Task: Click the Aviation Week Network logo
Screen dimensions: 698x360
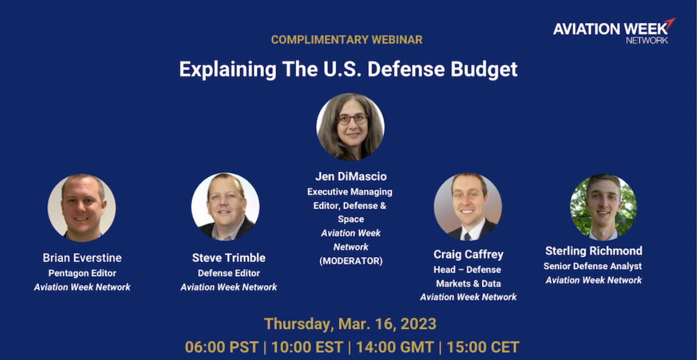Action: pos(614,31)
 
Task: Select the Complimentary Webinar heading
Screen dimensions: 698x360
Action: pos(347,40)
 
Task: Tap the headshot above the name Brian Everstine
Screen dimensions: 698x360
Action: pos(81,208)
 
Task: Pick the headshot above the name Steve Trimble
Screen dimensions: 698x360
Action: pos(225,206)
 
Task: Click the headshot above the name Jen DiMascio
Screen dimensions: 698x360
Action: pos(350,127)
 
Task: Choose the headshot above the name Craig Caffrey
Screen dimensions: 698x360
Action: pos(468,206)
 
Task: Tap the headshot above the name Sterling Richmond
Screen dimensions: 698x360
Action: pos(603,207)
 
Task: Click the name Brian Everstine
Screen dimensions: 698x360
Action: pos(82,258)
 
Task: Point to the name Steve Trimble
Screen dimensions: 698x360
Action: pos(229,258)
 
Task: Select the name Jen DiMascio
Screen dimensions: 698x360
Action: pos(351,176)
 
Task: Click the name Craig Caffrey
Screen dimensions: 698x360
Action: pos(468,254)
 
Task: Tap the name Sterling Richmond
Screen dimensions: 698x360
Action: pos(594,251)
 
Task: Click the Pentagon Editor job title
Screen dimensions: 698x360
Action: pos(82,273)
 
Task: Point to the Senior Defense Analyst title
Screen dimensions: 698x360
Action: pos(593,266)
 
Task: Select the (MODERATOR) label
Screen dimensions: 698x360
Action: pos(351,261)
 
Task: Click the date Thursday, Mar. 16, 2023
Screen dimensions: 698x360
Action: pos(350,324)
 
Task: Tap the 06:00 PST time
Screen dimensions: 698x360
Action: pos(222,347)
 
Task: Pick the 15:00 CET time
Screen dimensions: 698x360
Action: pos(483,347)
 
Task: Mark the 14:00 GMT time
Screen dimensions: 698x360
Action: pos(395,347)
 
